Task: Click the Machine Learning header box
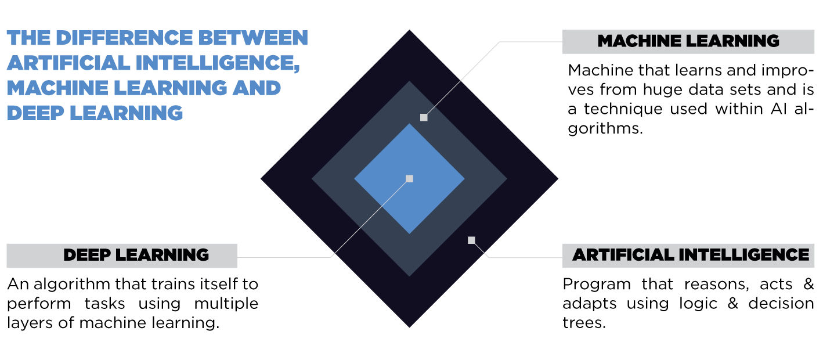688,42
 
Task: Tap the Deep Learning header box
122,255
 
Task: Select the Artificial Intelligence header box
688,255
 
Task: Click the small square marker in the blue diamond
409,179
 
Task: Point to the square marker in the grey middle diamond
424,117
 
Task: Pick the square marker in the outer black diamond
471,240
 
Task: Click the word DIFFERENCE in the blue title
124,38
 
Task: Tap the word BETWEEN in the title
253,38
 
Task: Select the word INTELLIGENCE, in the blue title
218,63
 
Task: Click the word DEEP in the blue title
35,113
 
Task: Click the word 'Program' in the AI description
597,285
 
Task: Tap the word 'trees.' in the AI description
584,323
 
